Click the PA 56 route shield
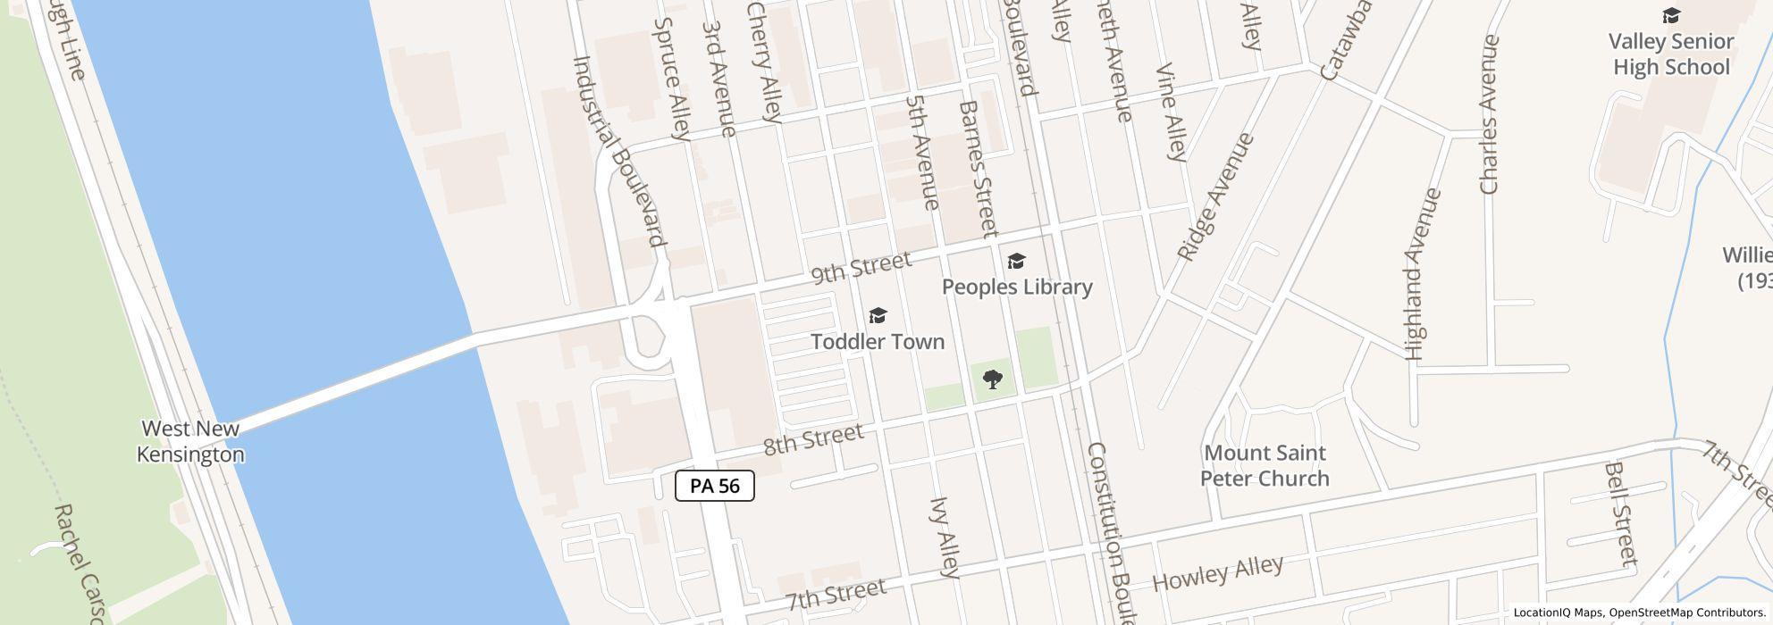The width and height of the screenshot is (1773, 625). point(715,486)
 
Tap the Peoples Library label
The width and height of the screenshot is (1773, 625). point(1017,287)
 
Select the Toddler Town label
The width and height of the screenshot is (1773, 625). point(878,341)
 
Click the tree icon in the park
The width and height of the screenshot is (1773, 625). point(992,379)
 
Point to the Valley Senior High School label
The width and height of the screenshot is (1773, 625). point(1671,54)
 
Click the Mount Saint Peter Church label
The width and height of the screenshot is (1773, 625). point(1265,465)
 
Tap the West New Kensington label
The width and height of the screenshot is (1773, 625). point(190,441)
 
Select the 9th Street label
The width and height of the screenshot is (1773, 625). point(861,267)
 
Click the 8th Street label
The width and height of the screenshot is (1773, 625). point(813,439)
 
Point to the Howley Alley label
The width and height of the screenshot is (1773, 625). point(1218,572)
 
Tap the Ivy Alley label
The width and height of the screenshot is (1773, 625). point(945,537)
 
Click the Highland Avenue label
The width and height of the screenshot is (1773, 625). point(1423,274)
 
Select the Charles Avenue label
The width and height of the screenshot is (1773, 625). point(1489,114)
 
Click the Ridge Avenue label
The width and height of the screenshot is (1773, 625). point(1215,197)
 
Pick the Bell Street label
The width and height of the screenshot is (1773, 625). point(1621,513)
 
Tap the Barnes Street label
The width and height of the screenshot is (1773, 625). point(978,169)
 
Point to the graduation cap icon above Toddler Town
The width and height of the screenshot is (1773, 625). point(878,316)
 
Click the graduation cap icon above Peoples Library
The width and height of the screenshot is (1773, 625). point(1016,261)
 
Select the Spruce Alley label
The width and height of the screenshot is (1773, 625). point(673,79)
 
